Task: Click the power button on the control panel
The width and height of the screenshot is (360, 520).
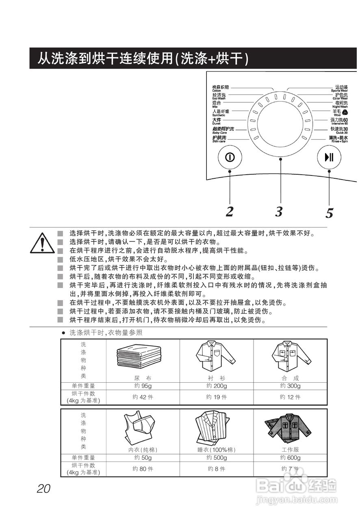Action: pos(230,157)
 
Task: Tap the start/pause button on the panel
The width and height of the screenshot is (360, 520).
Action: pos(329,157)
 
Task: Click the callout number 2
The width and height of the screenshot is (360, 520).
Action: pos(230,211)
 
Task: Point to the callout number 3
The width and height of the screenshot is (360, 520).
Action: pos(278,212)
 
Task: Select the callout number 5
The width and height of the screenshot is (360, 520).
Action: pos(329,213)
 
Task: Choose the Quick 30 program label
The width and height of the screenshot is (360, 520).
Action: pos(338,130)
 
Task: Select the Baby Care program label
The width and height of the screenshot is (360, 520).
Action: pos(223,130)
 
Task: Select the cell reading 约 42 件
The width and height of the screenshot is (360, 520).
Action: pos(143,397)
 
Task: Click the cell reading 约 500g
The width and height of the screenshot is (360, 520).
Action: pos(217,458)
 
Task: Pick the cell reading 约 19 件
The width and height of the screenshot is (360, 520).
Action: pos(217,397)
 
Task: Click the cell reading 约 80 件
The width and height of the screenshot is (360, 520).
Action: pos(143,469)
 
